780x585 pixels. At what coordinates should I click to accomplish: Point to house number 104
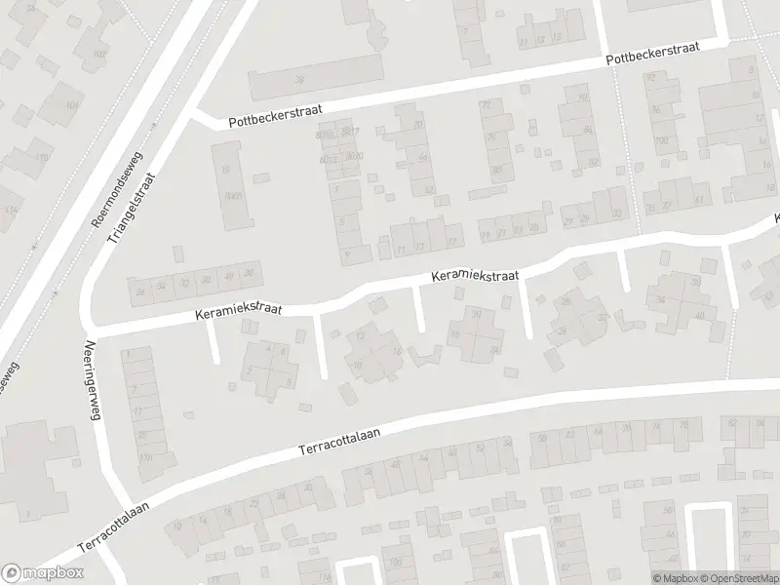pyautogui.click(x=71, y=104)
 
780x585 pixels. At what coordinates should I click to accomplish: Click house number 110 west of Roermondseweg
pyautogui.click(x=41, y=157)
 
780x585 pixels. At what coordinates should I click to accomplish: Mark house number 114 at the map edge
pyautogui.click(x=11, y=210)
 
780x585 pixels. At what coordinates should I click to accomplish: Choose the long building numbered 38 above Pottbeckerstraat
pyautogui.click(x=300, y=80)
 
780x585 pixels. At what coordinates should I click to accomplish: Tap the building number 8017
pyautogui.click(x=352, y=132)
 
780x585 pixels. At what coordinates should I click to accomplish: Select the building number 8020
pyautogui.click(x=355, y=155)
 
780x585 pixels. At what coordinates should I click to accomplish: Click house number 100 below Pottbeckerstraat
pyautogui.click(x=662, y=140)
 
